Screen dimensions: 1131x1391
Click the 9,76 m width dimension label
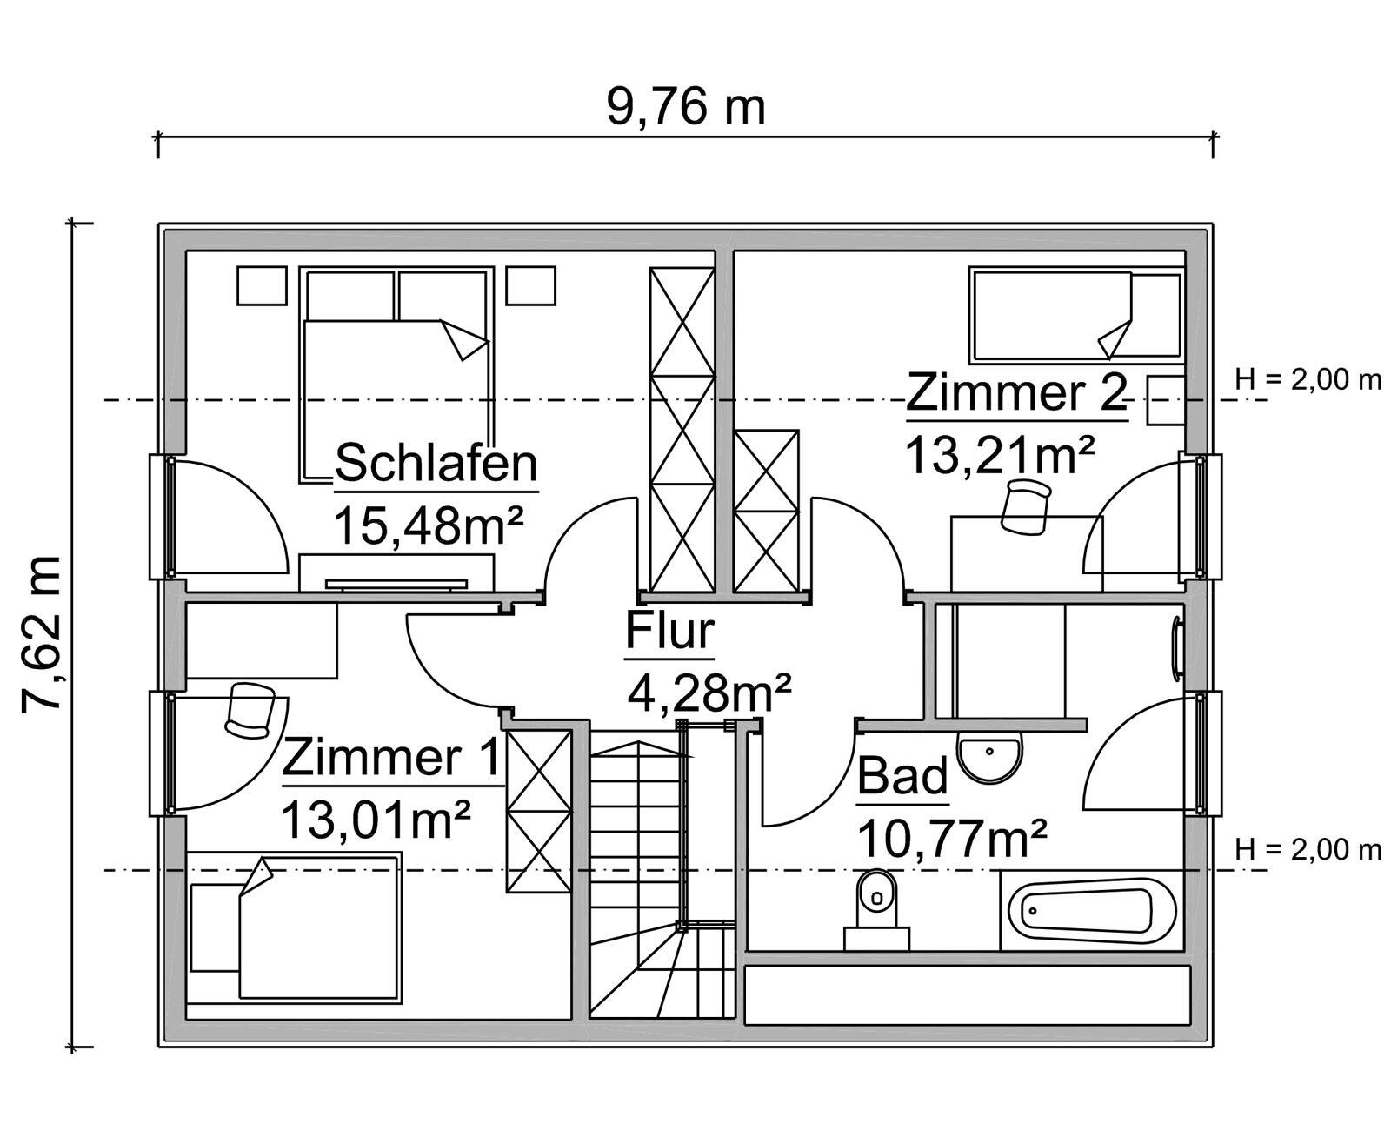(x=686, y=107)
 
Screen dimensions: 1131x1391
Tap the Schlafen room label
(x=436, y=463)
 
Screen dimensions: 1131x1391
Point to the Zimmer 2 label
(x=1016, y=393)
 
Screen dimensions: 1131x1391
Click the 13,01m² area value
(x=376, y=819)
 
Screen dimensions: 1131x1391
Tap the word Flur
(x=669, y=631)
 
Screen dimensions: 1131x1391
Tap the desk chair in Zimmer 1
(x=249, y=710)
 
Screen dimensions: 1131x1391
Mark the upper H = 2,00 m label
(x=1308, y=379)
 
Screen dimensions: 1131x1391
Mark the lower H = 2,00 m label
(x=1308, y=849)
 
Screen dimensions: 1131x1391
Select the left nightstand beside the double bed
(x=262, y=285)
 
